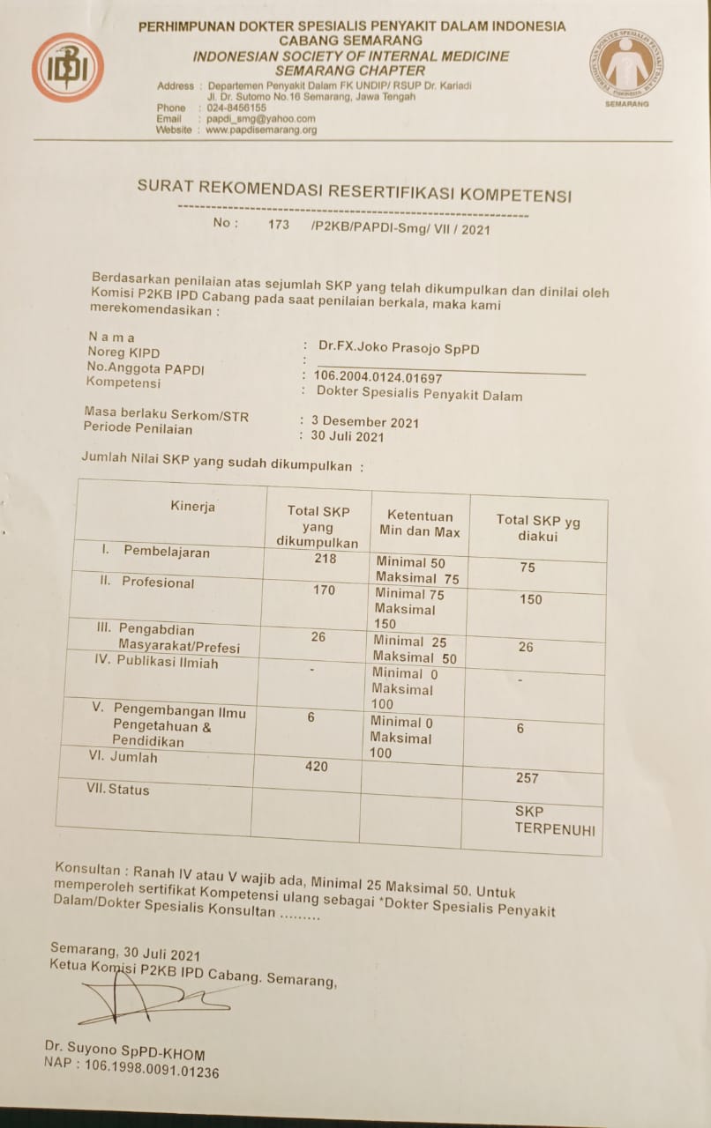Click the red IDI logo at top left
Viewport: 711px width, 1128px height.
(x=68, y=68)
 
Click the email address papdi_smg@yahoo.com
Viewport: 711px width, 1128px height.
(x=260, y=119)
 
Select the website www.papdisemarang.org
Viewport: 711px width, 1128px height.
(x=260, y=130)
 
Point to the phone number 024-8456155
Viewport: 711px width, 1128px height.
(x=236, y=108)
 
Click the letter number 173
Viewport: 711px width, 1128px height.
(x=279, y=225)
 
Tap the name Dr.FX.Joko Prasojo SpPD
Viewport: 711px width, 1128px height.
(x=399, y=349)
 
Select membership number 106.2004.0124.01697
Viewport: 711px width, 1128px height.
(x=378, y=378)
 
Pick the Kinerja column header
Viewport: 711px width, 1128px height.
(x=192, y=507)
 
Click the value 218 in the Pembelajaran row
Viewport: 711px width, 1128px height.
(x=325, y=559)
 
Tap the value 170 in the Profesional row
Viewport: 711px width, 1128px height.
(x=324, y=590)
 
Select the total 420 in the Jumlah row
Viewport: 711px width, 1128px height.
(x=316, y=767)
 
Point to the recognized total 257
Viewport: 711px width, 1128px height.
(x=527, y=778)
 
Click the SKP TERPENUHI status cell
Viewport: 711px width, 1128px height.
(x=554, y=820)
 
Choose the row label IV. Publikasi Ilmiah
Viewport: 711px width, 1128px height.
(x=156, y=662)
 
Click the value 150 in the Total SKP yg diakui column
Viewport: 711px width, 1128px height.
(x=531, y=600)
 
